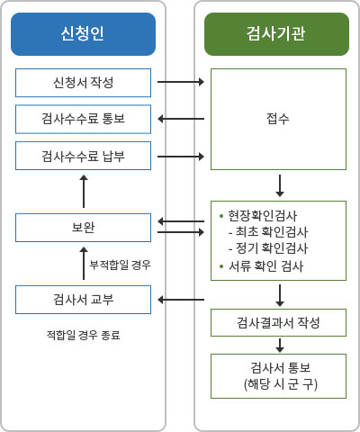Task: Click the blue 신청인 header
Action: click(x=83, y=34)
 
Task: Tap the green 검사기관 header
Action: click(x=276, y=34)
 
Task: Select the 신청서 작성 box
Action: click(x=83, y=83)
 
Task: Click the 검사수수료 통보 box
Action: click(x=83, y=119)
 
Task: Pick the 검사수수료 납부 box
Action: click(x=83, y=156)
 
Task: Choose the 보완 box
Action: click(x=83, y=228)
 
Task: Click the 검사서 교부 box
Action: click(x=83, y=300)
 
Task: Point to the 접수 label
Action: click(x=278, y=119)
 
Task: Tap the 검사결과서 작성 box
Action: click(x=278, y=323)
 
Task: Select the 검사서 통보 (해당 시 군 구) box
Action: click(x=278, y=376)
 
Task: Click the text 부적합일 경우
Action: click(x=120, y=265)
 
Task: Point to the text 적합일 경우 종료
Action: click(x=84, y=335)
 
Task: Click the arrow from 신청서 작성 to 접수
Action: click(x=181, y=82)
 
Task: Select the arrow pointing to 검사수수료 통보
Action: click(x=181, y=119)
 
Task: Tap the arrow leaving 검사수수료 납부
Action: click(x=181, y=157)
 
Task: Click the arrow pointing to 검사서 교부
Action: click(x=181, y=300)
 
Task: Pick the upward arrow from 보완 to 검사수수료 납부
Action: click(x=84, y=192)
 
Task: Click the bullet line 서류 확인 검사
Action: click(x=262, y=266)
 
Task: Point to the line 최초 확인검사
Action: click(x=268, y=231)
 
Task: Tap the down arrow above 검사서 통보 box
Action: click(x=280, y=346)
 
